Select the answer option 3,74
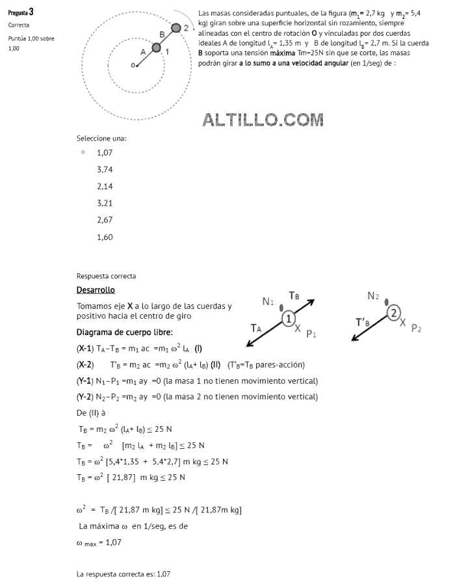[105, 169]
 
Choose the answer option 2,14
[105, 186]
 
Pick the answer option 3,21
[105, 203]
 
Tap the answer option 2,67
[105, 220]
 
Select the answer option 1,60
[105, 237]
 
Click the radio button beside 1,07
[83, 152]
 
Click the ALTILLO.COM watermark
[263, 120]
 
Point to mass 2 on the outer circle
[175, 27]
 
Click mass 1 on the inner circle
[156, 47]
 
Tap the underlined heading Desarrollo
[96, 289]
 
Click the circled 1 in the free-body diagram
[289, 318]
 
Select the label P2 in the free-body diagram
[417, 328]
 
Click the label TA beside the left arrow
[257, 328]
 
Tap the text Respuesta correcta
[106, 276]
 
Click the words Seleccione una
[101, 138]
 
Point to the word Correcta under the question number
[19, 25]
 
